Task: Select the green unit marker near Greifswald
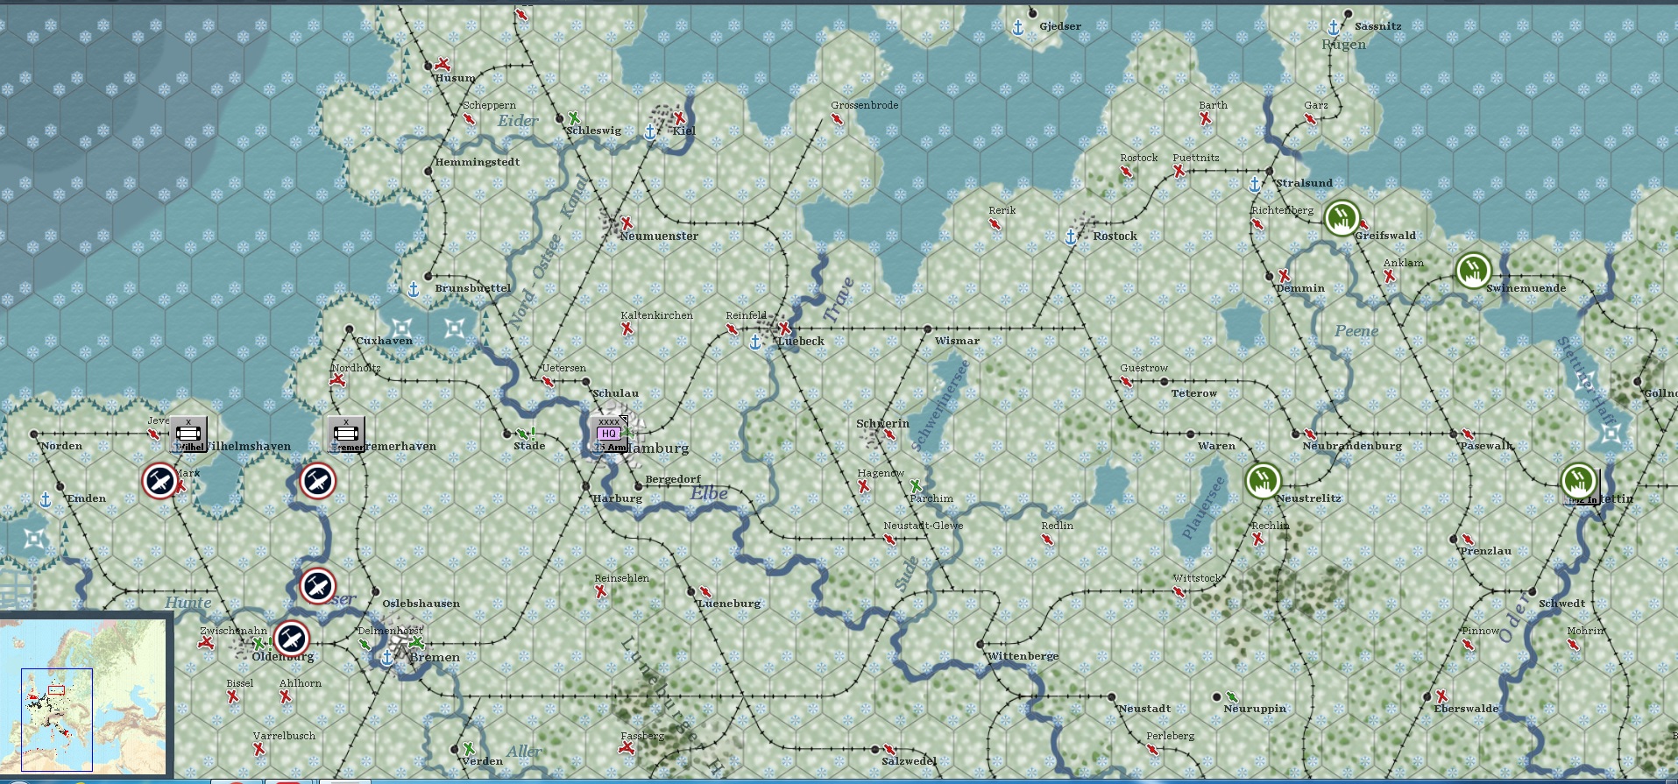(x=1342, y=218)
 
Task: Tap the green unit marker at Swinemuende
(x=1473, y=271)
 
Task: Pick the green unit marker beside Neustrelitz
(x=1263, y=480)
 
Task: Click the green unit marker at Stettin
(x=1579, y=481)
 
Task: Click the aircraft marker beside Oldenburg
(x=291, y=639)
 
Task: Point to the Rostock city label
(x=1115, y=237)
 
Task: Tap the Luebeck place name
(x=801, y=342)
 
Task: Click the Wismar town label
(x=957, y=341)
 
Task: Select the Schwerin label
(x=882, y=424)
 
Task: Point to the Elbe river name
(x=709, y=493)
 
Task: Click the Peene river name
(x=1356, y=331)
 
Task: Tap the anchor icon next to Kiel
(x=650, y=132)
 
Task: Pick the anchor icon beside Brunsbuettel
(x=414, y=289)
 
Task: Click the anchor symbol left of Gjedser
(x=1018, y=28)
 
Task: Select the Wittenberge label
(x=1023, y=656)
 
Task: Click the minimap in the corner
(x=85, y=697)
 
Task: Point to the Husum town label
(x=455, y=78)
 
